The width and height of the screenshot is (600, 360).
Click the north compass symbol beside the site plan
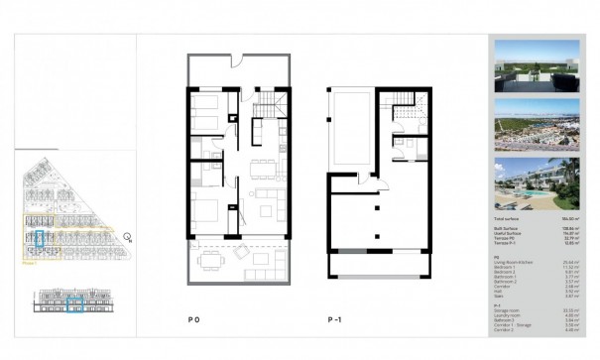click(x=130, y=236)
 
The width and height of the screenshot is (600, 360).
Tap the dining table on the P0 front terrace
click(x=211, y=261)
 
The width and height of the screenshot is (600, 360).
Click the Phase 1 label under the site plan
click(x=29, y=264)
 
